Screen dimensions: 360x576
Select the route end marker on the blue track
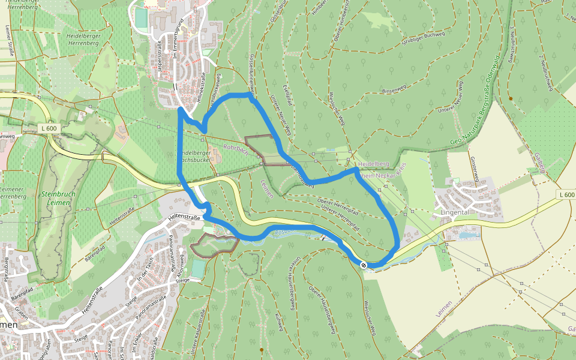pos(364,265)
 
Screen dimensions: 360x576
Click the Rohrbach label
pos(235,146)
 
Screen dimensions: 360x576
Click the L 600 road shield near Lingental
pos(566,194)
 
